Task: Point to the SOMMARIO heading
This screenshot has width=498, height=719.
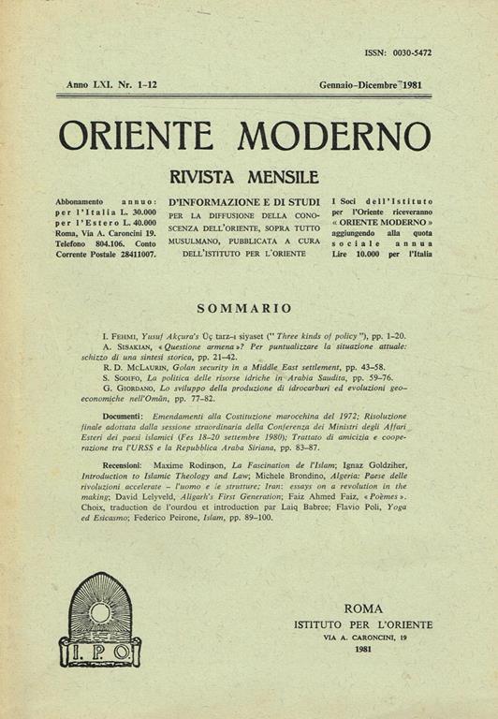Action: [x=245, y=307]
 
